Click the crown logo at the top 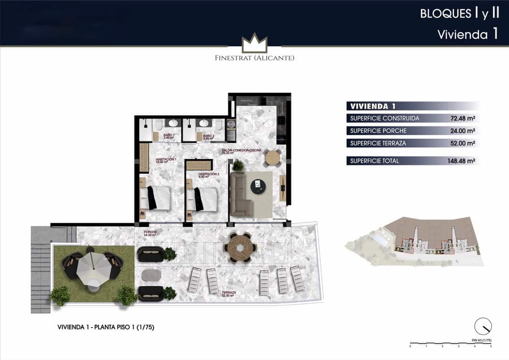click(254, 43)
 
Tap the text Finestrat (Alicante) click(254, 58)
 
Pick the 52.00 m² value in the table click(461, 143)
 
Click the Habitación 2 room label click(209, 175)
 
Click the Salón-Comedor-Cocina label click(241, 151)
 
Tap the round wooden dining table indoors click(273, 158)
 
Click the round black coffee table click(258, 186)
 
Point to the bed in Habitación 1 click(157, 198)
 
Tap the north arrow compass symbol click(482, 327)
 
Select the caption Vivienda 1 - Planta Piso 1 click(106, 328)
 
